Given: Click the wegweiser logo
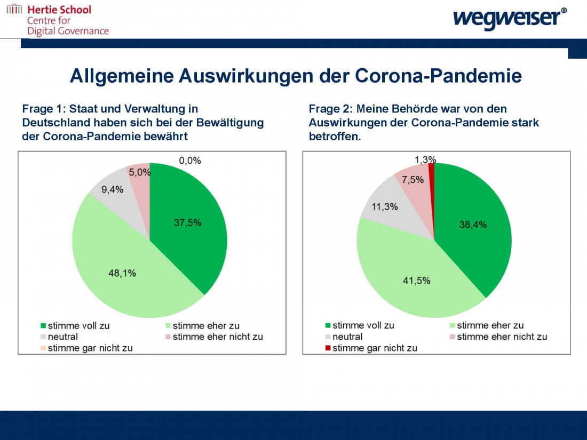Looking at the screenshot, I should click(x=510, y=17).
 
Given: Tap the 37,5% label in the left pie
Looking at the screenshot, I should click(x=188, y=223).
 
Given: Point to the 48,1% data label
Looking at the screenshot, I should click(x=122, y=273).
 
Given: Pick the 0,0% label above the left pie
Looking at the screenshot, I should click(x=190, y=161).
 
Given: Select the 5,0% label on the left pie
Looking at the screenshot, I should click(x=140, y=172).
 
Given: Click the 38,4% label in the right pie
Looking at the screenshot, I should click(x=473, y=225).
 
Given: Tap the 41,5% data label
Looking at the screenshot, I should click(x=416, y=281).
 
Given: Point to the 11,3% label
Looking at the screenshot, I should click(x=385, y=207).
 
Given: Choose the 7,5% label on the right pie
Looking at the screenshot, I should click(x=413, y=180).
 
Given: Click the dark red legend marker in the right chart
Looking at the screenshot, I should click(x=328, y=348).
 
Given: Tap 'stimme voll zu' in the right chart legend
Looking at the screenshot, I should click(x=363, y=325).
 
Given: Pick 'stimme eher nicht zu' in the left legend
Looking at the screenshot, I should click(x=217, y=337).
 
